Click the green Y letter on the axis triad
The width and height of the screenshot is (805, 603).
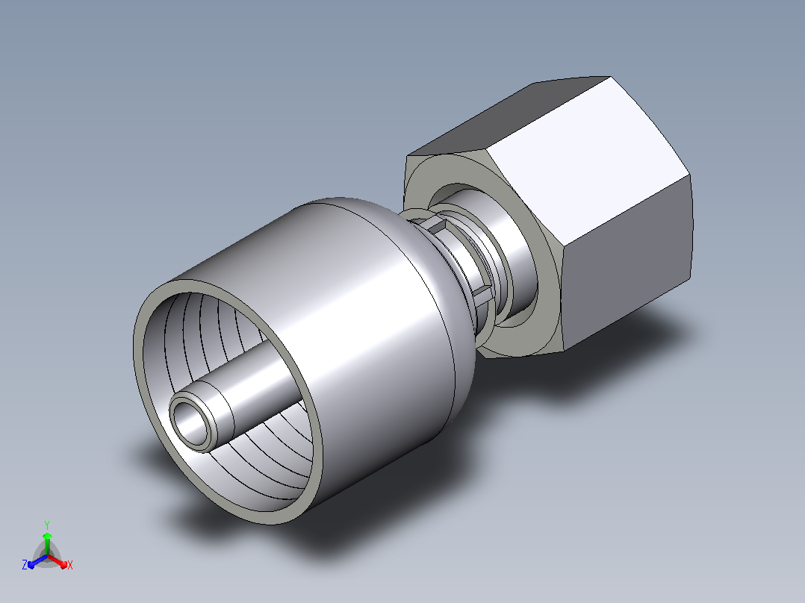[47, 525]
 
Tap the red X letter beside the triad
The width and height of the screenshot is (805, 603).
[70, 565]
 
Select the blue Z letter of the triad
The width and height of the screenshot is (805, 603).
[25, 565]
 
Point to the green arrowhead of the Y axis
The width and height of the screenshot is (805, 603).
[47, 537]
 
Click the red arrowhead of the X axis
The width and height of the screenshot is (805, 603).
[63, 564]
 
